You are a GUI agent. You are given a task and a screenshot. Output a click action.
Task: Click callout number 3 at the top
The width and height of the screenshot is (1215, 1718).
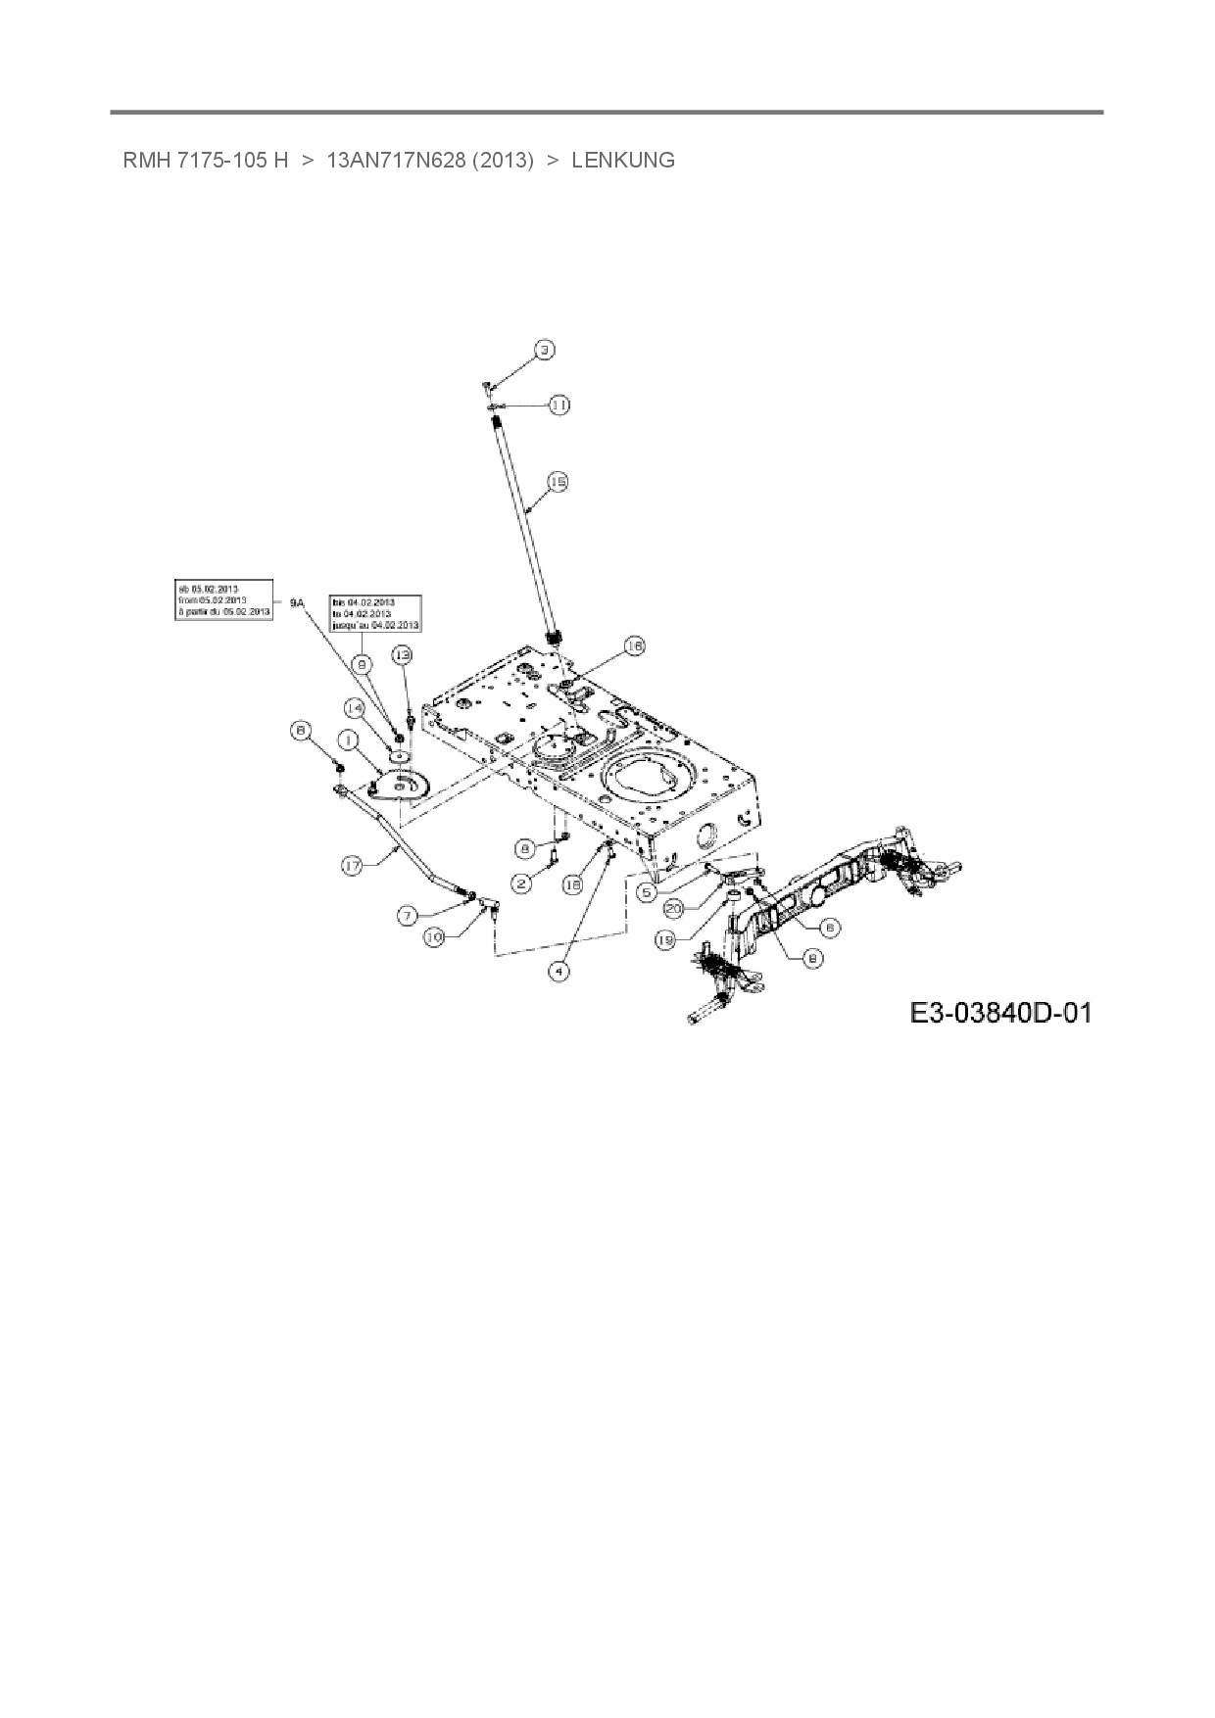pyautogui.click(x=545, y=350)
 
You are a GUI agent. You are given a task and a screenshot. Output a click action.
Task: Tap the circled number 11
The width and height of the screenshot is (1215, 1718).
pyautogui.click(x=559, y=405)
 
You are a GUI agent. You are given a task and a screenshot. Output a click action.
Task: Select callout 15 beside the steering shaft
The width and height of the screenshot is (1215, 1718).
pyautogui.click(x=557, y=482)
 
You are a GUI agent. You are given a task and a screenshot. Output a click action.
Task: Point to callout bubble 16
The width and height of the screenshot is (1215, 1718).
pyautogui.click(x=634, y=645)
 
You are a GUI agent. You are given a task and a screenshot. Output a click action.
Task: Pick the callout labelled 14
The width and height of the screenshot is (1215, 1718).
pyautogui.click(x=354, y=707)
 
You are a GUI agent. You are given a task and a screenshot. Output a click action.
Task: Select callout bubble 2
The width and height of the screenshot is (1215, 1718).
pyautogui.click(x=521, y=883)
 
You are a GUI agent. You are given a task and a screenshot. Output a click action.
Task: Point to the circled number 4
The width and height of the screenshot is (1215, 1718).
pyautogui.click(x=559, y=971)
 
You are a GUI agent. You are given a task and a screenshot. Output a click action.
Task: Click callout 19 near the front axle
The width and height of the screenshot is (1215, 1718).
pyautogui.click(x=665, y=940)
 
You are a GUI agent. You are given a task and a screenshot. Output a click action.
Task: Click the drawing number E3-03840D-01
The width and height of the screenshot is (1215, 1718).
pyautogui.click(x=1000, y=1011)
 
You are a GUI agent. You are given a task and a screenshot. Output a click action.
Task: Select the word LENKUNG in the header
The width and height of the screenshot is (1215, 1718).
pyautogui.click(x=623, y=161)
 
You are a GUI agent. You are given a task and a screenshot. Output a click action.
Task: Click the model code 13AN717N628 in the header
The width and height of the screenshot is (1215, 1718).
pyautogui.click(x=429, y=161)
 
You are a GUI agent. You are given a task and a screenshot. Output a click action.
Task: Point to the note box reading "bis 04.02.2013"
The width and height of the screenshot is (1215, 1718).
pyautogui.click(x=375, y=613)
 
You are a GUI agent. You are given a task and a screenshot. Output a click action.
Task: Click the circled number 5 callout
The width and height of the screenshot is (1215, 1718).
pyautogui.click(x=647, y=892)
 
